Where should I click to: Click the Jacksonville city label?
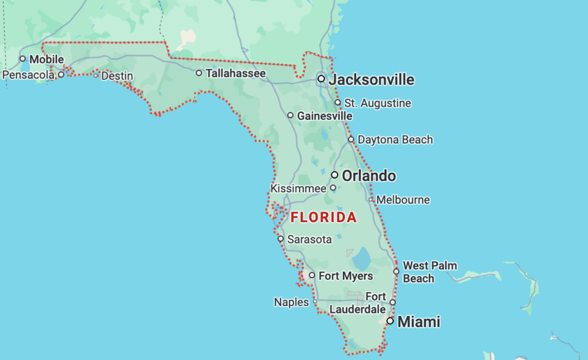coord(371,79)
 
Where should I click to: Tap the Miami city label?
coord(419,322)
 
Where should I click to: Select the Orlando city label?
coord(369,176)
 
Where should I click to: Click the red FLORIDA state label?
coord(324,218)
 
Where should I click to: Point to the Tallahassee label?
coord(235,73)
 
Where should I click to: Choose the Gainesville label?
coord(324,116)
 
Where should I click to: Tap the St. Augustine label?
coord(377,103)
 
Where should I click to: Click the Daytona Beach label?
coord(395,140)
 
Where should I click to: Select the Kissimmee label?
coord(299,188)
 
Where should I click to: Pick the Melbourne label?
coord(403,200)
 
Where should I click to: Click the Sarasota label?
coord(309,239)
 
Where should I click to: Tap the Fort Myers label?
coord(345,276)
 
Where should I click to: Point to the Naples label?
coord(291,302)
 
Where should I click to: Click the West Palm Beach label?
coord(430,272)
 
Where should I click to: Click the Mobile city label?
coord(47,59)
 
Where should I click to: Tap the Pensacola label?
coord(28,75)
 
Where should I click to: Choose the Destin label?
coord(117,76)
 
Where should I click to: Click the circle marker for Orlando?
coord(335,175)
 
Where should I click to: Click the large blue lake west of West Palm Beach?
coord(362,258)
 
